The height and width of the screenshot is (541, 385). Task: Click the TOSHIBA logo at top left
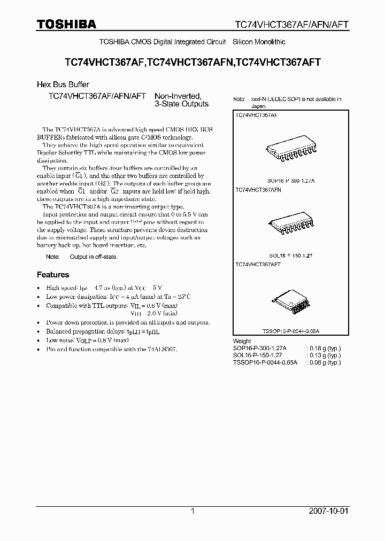[x=66, y=24]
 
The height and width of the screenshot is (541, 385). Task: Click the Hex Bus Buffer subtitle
[x=63, y=84]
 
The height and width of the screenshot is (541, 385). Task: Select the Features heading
[x=53, y=275]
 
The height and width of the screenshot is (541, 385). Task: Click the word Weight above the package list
[x=242, y=341]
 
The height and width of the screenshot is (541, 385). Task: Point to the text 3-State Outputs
[x=181, y=104]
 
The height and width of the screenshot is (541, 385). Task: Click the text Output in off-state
[x=93, y=257]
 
